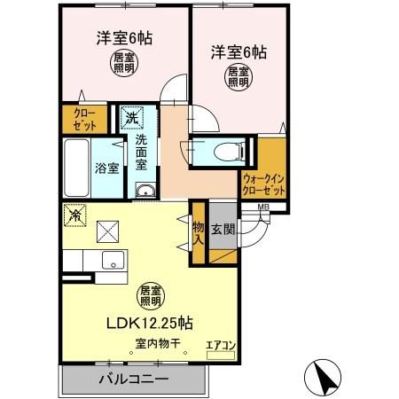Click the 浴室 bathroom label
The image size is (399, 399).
pos(107,168)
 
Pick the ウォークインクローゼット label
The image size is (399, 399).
pos(264,184)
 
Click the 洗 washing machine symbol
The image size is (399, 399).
pos(131,116)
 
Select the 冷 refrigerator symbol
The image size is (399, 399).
pos(75,215)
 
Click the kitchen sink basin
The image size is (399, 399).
pos(112,261)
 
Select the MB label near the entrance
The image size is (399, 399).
pos(263,208)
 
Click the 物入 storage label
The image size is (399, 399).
pos(198,232)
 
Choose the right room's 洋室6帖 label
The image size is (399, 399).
pos(238,52)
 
